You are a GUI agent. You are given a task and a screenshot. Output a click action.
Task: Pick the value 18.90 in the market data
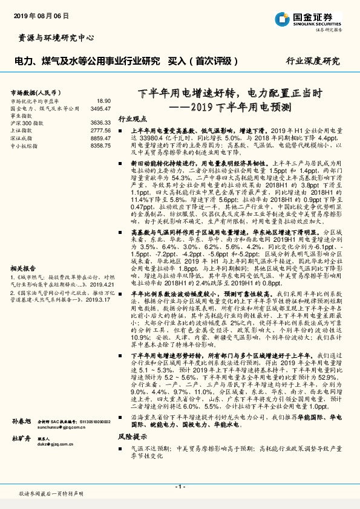coord(103,101)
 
